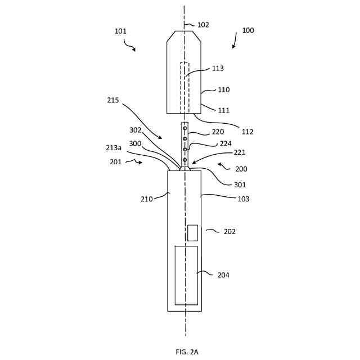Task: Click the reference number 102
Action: (x=203, y=25)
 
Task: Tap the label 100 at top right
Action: (x=248, y=30)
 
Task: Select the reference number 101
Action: (x=120, y=31)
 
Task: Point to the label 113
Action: (x=218, y=69)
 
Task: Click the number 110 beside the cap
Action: (x=223, y=89)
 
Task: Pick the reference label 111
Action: (x=223, y=110)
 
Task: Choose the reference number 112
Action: (x=247, y=132)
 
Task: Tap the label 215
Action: (x=113, y=100)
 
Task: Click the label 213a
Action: (x=114, y=147)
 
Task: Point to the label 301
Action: (x=240, y=184)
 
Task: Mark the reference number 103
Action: (x=243, y=199)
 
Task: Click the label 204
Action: (x=223, y=275)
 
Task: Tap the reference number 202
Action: (x=229, y=231)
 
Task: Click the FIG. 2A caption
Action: (x=187, y=352)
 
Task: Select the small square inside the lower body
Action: (x=192, y=233)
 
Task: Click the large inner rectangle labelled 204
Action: (x=186, y=275)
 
